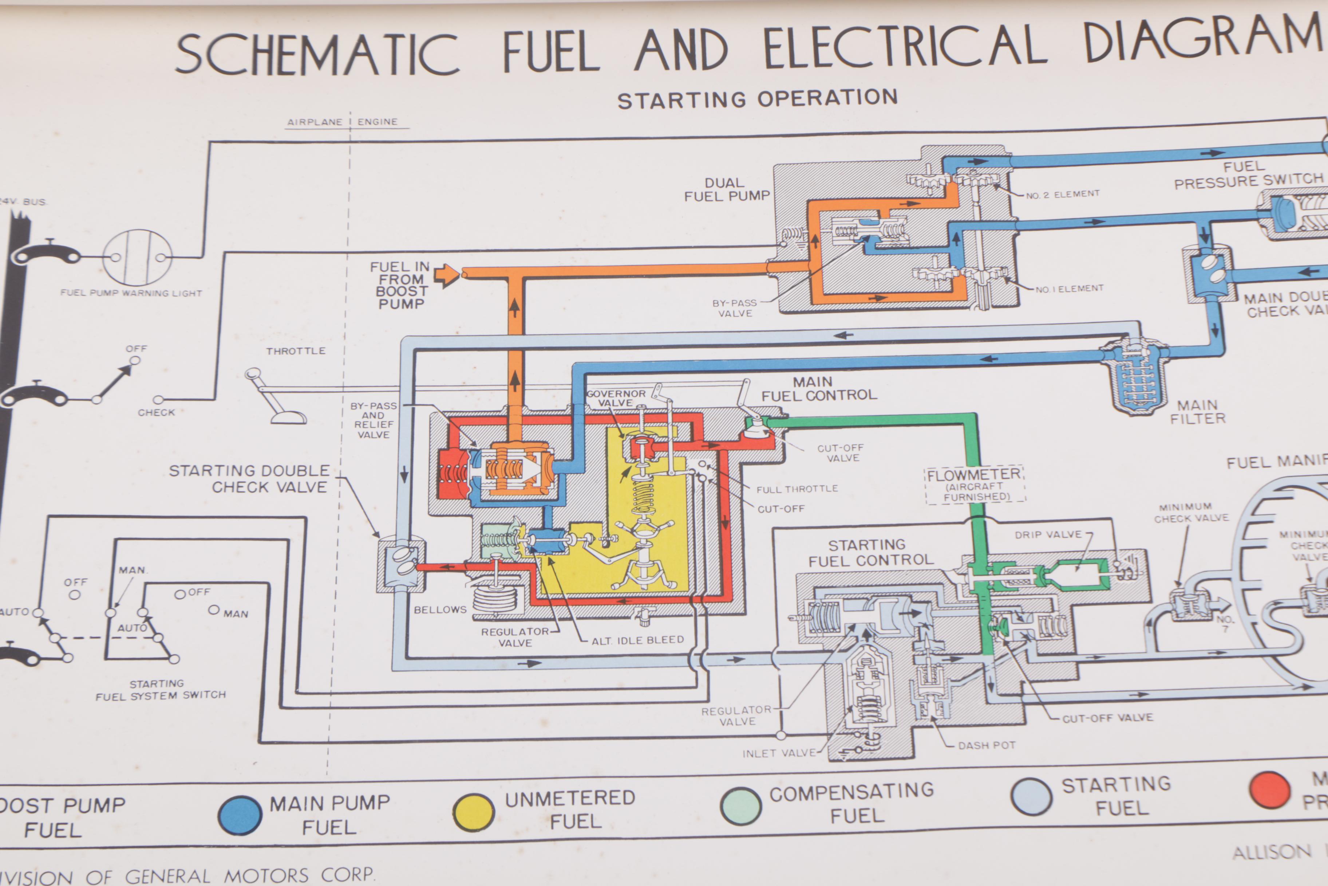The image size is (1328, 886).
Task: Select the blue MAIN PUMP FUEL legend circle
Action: click(x=240, y=815)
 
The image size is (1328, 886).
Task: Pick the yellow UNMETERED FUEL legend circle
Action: click(x=474, y=812)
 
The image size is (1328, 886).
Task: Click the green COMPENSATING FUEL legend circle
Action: click(x=740, y=806)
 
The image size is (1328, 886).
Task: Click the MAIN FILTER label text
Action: click(x=1197, y=412)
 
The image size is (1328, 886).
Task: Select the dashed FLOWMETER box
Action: click(x=974, y=485)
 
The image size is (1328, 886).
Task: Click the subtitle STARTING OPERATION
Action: click(x=757, y=99)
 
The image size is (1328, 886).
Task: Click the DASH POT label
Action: click(x=987, y=746)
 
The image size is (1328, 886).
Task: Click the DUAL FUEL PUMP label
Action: click(x=726, y=190)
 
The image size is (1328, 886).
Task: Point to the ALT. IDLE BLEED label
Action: click(x=637, y=640)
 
